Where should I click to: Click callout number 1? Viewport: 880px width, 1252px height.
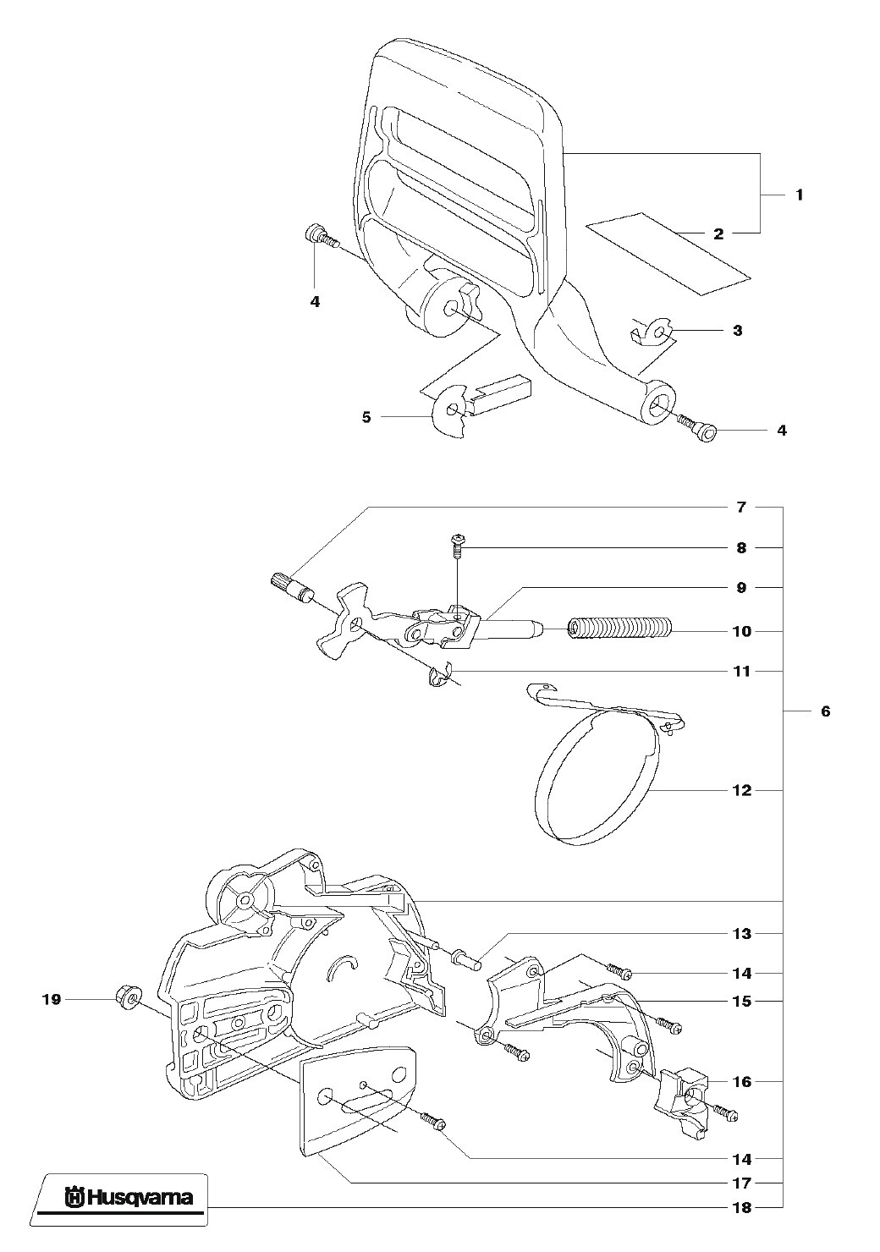coord(799,195)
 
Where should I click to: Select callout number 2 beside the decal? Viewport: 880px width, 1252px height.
coord(718,234)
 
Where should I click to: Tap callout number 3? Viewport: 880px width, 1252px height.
coord(738,330)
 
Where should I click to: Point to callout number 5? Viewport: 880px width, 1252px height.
coord(366,417)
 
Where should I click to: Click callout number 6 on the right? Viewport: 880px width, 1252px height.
coord(825,711)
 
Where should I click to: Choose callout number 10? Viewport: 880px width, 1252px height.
coord(741,632)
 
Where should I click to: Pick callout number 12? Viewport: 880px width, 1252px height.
coord(741,790)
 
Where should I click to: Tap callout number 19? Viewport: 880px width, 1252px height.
coord(52,999)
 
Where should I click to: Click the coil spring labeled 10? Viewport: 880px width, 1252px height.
coord(619,629)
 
